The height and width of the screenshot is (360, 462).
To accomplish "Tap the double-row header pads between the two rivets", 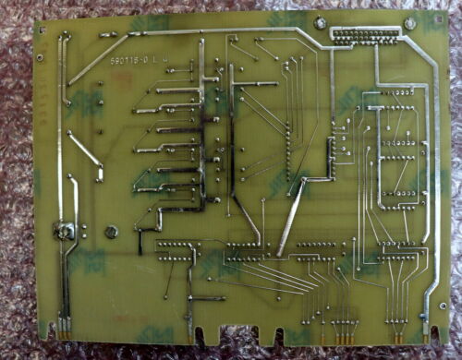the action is (x=367, y=35).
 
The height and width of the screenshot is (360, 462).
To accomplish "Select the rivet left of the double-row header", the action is (x=320, y=22).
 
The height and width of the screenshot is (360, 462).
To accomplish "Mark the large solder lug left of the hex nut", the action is (x=67, y=231).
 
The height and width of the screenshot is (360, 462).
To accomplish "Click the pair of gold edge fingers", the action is (x=67, y=324).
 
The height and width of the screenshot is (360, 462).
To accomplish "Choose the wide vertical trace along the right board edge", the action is (x=432, y=185).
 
